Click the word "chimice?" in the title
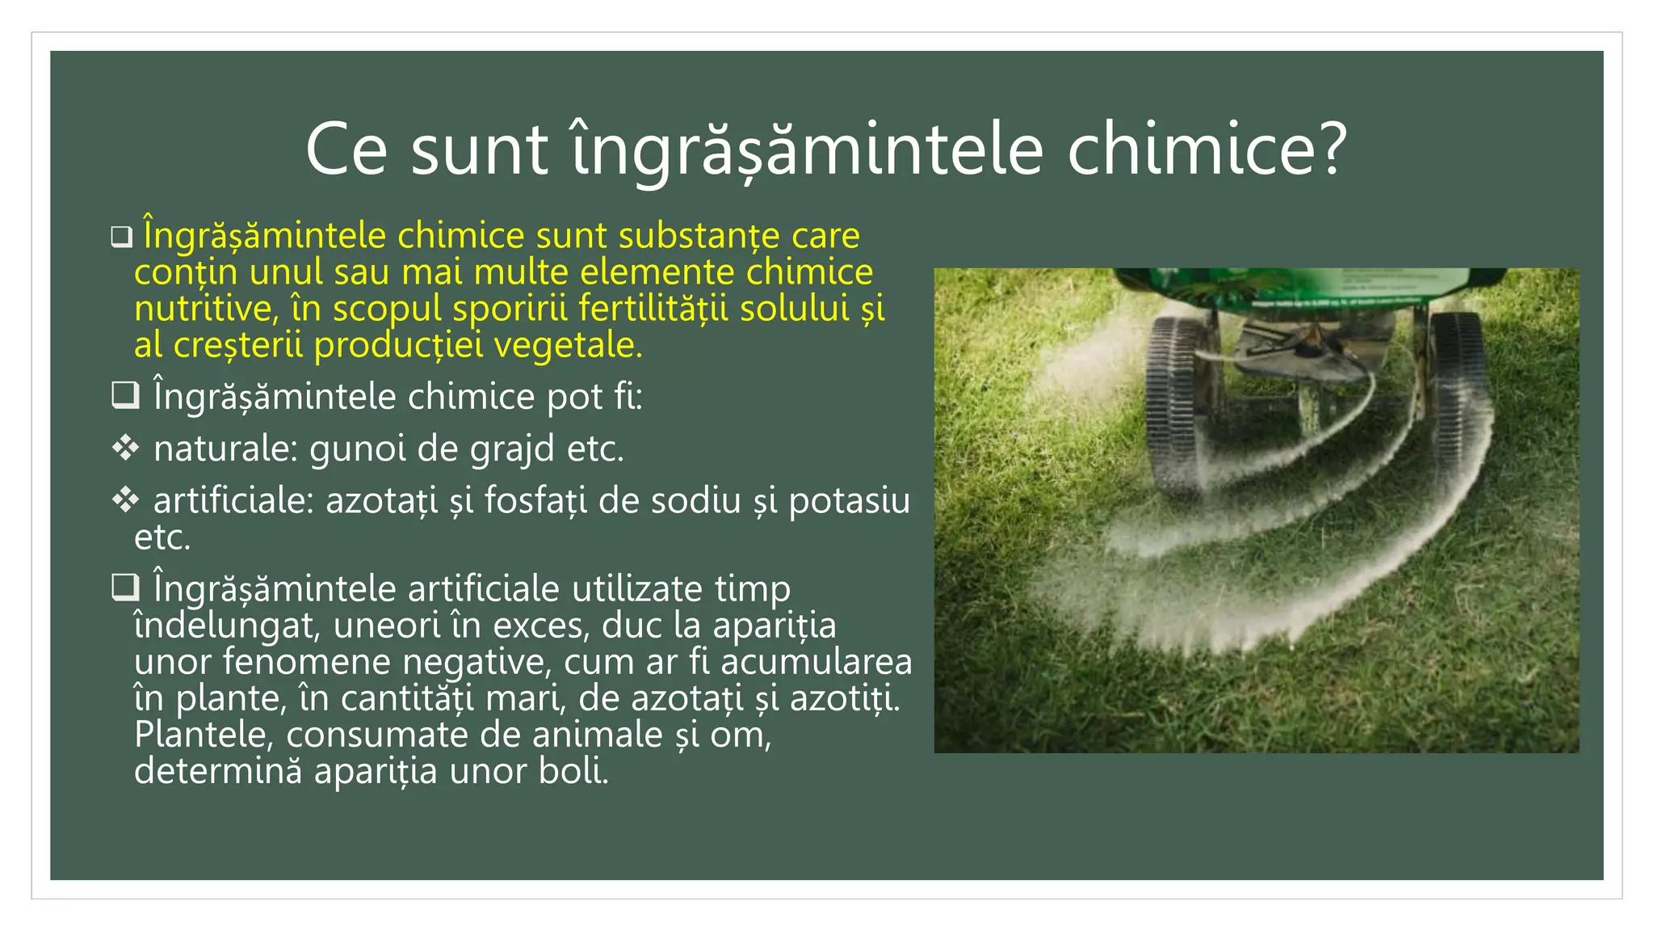(x=1207, y=150)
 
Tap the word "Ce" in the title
(x=346, y=150)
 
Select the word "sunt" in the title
(x=480, y=150)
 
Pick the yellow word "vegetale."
(x=568, y=346)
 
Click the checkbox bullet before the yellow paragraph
(x=122, y=237)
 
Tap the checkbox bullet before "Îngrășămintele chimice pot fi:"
(x=125, y=395)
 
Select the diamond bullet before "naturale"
(x=125, y=448)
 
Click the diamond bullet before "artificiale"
(x=125, y=500)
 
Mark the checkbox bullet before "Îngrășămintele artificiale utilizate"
(x=125, y=588)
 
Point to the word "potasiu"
(x=849, y=501)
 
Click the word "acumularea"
(x=816, y=662)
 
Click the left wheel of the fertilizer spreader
(x=1175, y=404)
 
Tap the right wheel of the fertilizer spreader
(x=1458, y=396)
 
